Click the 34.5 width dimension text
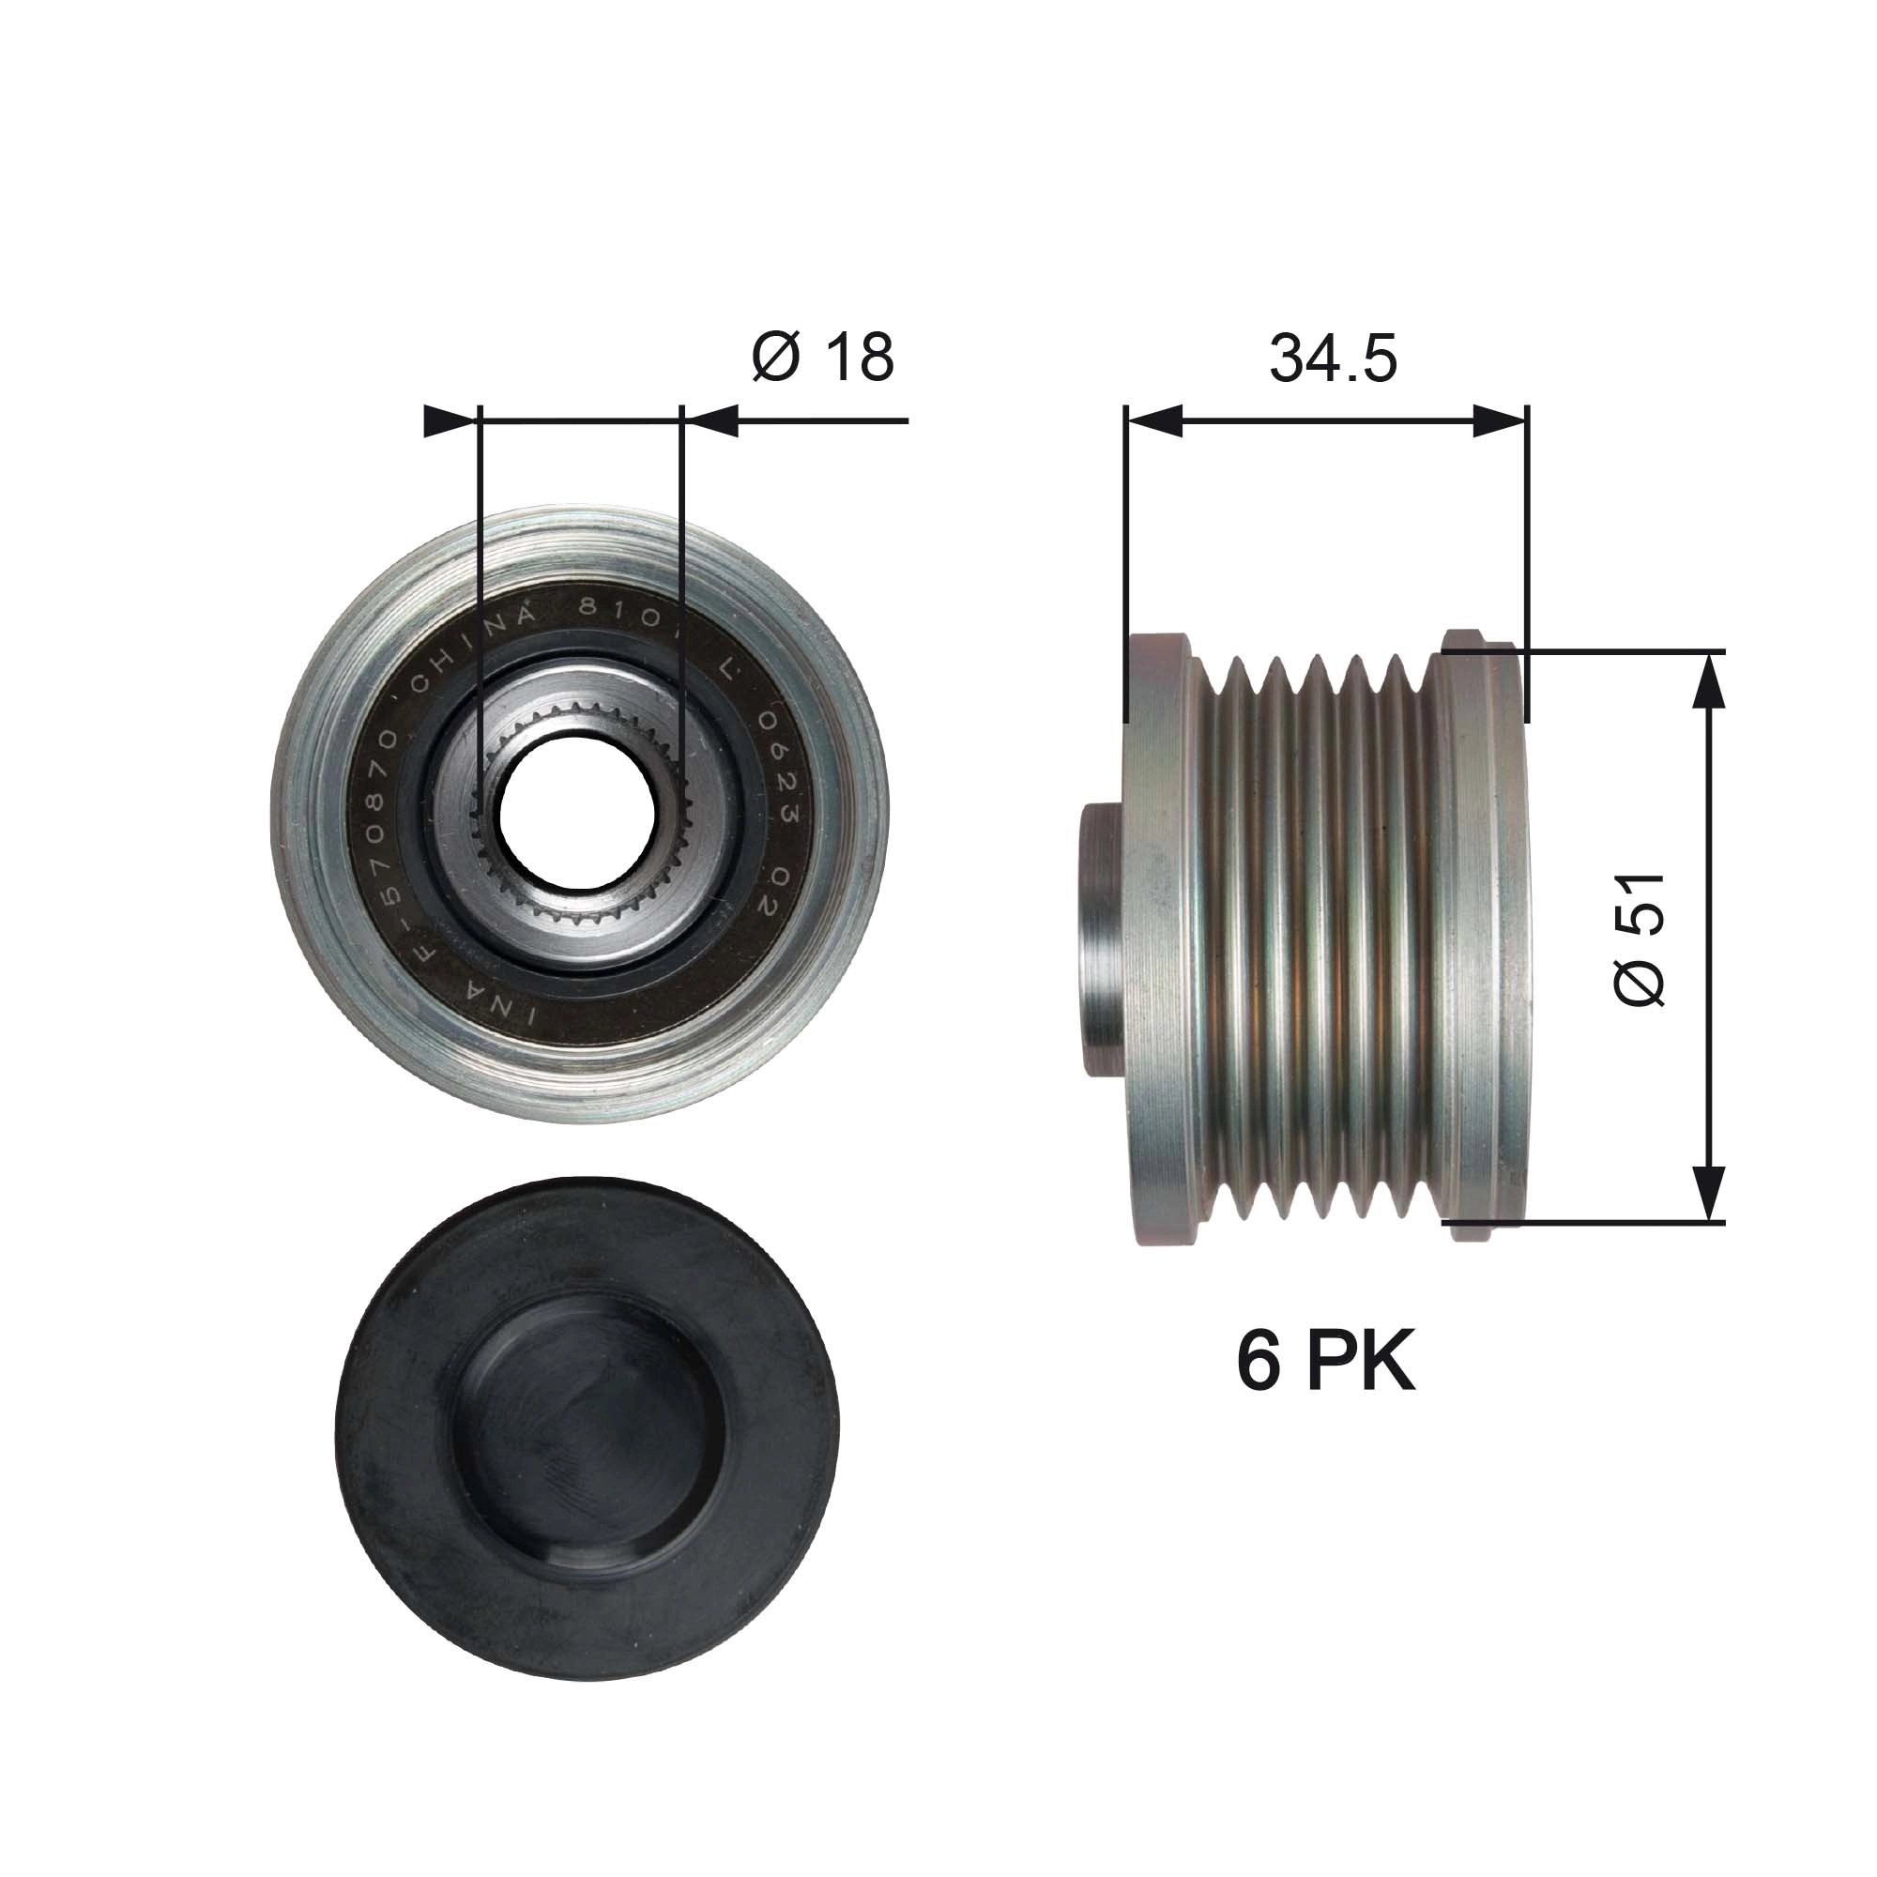click(1332, 358)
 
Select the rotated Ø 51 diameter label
click(1640, 938)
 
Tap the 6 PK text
click(1325, 1362)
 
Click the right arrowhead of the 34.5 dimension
click(1500, 420)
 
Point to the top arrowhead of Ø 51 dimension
click(1710, 680)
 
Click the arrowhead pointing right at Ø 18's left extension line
click(452, 420)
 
